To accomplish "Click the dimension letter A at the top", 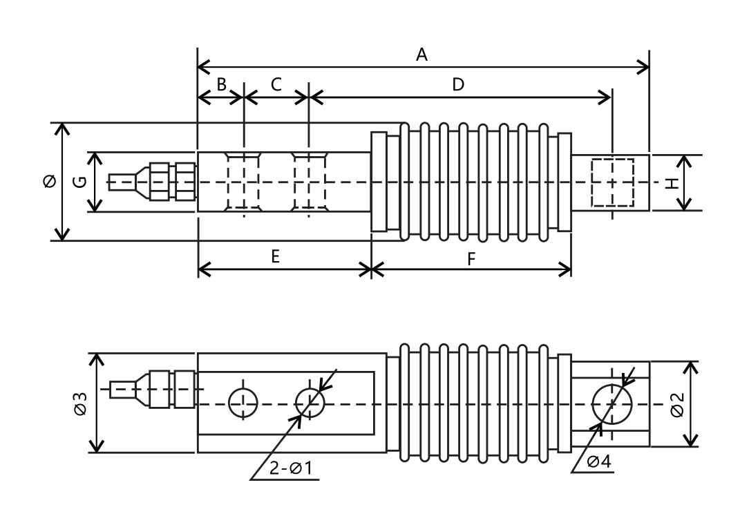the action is click(421, 55).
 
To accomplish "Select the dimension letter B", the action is click(221, 84).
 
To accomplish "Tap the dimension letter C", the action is click(276, 84).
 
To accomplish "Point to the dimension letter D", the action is click(457, 84).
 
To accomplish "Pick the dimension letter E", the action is click(275, 257).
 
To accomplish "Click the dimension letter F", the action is click(471, 260).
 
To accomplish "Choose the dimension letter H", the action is click(672, 183).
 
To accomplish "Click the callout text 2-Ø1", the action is click(291, 468).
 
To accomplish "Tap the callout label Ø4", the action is click(598, 461).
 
